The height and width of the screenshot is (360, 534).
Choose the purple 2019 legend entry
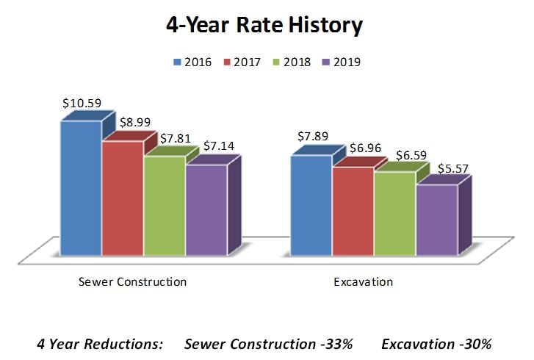360,62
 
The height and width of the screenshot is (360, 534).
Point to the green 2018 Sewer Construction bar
165,205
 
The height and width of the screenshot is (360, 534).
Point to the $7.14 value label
219,146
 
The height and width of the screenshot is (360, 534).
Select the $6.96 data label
365,148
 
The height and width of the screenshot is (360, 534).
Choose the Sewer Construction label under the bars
132,282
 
